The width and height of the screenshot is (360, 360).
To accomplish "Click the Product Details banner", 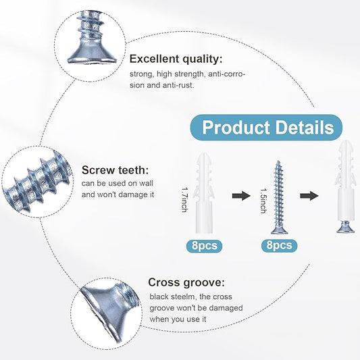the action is pyautogui.click(x=266, y=128).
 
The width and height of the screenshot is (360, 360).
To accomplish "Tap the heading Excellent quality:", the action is pyautogui.click(x=176, y=59).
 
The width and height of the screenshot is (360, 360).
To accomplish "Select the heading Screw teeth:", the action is pyautogui.click(x=115, y=170).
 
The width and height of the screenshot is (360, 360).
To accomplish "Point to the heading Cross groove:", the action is pyautogui.click(x=186, y=282).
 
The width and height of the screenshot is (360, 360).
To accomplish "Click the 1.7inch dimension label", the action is pyautogui.click(x=185, y=200).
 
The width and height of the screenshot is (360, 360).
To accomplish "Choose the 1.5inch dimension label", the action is pyautogui.click(x=263, y=201).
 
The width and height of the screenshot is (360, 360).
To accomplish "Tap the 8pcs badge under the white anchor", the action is pyautogui.click(x=205, y=246).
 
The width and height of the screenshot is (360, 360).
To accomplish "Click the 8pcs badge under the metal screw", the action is pyautogui.click(x=279, y=245).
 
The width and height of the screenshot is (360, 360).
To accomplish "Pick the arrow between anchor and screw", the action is pyautogui.click(x=241, y=196).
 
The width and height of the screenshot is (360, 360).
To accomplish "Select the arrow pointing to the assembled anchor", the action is pyautogui.click(x=309, y=196).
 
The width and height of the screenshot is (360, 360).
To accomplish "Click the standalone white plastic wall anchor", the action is pyautogui.click(x=203, y=192).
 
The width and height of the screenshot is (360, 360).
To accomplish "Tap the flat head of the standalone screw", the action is pyautogui.click(x=279, y=230).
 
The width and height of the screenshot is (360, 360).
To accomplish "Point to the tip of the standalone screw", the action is pyautogui.click(x=278, y=161).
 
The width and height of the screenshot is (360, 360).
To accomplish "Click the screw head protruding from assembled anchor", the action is pyautogui.click(x=345, y=227).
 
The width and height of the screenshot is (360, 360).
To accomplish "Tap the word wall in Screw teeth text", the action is pyautogui.click(x=146, y=183).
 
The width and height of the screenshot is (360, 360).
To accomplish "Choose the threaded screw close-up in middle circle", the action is pyautogui.click(x=38, y=182).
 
